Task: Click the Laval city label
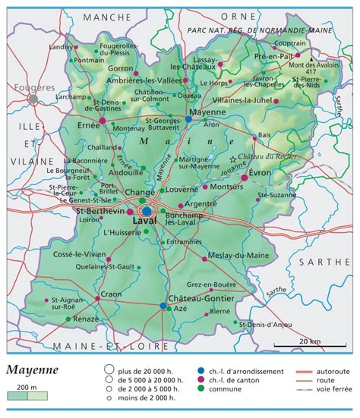point(144,220)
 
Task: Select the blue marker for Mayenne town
point(188,120)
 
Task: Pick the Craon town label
point(111,294)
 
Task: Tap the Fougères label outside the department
point(29,88)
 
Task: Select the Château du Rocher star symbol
point(233,158)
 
